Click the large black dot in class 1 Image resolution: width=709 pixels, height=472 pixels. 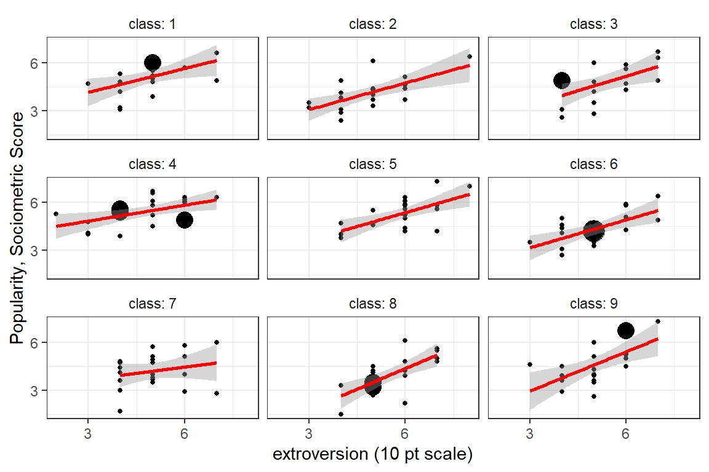pos(153,63)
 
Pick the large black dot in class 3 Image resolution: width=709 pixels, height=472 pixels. pos(561,80)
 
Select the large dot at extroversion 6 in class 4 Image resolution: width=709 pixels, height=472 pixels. pos(185,220)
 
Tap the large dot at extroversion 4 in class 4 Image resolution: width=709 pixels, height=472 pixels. pos(120,210)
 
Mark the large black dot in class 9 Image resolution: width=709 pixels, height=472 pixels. pos(626,331)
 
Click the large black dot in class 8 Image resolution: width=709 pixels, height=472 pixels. pos(373,385)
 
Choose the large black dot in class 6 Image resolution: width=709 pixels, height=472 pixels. pos(593,230)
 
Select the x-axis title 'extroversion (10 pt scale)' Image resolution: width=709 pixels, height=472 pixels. pos(372,455)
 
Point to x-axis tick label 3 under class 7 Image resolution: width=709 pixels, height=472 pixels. pos(88,433)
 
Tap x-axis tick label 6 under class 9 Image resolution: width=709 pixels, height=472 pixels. pos(626,433)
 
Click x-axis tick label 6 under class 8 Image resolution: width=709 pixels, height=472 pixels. pos(405,433)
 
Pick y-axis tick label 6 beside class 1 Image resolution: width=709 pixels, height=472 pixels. pos(36,63)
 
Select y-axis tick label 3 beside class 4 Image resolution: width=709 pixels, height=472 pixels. pos(36,251)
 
